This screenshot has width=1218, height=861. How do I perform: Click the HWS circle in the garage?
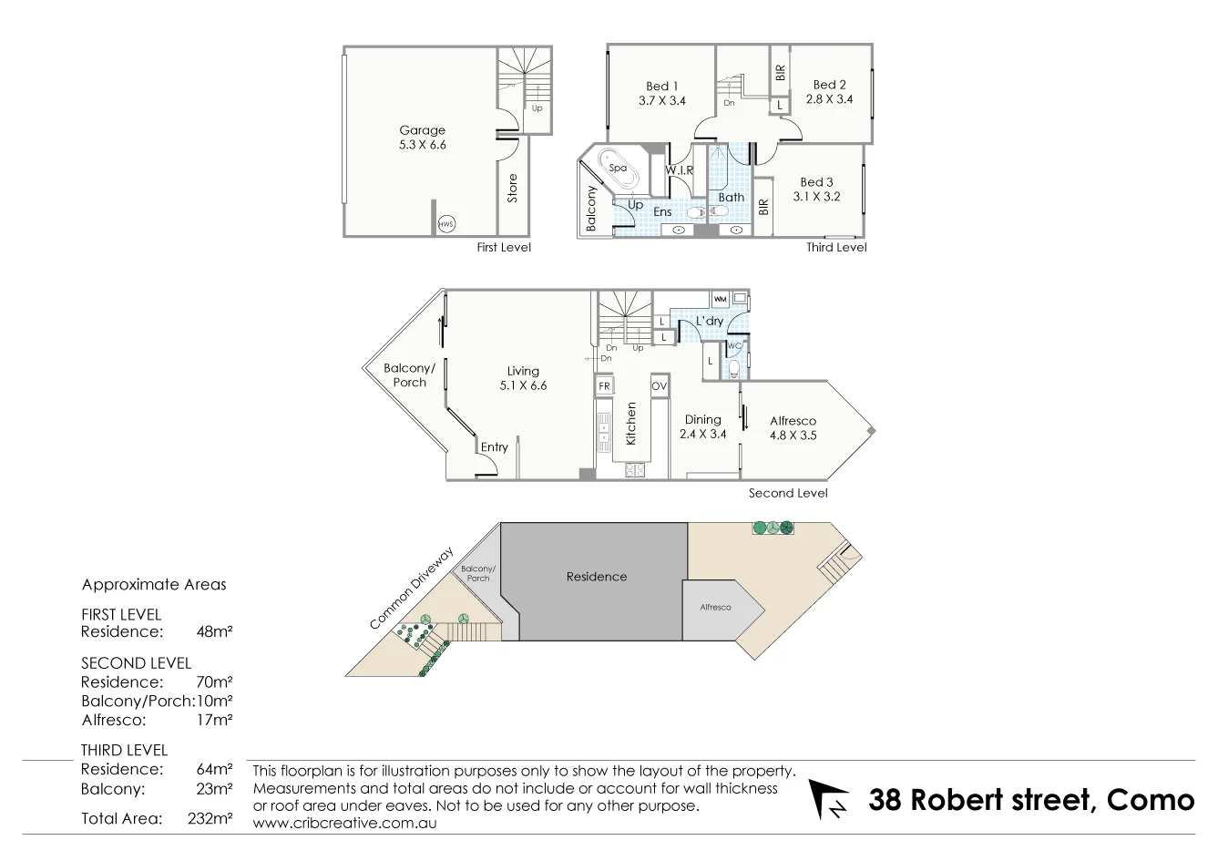pos(445,224)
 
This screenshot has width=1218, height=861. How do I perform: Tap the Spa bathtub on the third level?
pos(618,168)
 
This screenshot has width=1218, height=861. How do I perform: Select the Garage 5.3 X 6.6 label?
pos(423,138)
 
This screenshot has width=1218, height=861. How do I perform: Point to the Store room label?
pos(512,188)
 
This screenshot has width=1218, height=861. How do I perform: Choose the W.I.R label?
pos(679,170)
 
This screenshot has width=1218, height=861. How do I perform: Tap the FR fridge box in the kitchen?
pos(603,385)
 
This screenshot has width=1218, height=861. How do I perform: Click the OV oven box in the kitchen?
pos(660,386)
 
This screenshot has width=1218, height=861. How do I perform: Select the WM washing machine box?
pos(720,299)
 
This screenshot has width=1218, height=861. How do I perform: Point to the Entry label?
pos(494,447)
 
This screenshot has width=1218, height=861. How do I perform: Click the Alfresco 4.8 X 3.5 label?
pos(793,428)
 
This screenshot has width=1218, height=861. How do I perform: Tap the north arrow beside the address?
pos(828,799)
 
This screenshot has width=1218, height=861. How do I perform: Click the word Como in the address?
pos(1150,800)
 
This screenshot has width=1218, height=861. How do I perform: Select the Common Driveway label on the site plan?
pos(411,589)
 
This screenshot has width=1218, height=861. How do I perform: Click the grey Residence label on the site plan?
pos(597,576)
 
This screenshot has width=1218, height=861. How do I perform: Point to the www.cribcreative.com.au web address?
pos(344,823)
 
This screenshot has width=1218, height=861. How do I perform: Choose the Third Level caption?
pos(836,247)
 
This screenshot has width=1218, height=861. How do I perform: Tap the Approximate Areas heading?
pos(154,585)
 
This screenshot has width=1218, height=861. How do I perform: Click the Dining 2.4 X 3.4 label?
pos(702,426)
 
